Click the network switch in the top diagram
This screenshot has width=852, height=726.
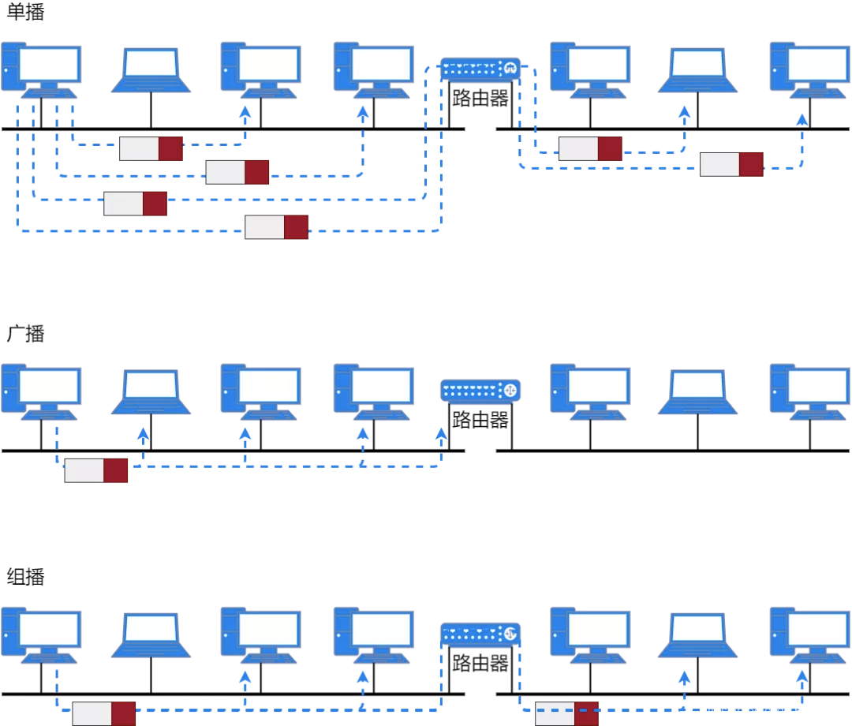coord(480,69)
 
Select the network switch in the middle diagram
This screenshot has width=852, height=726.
coord(480,391)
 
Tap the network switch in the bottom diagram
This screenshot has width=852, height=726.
coord(480,634)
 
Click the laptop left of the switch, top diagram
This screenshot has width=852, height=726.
coord(151,70)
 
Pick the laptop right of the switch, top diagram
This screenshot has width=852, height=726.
coord(697,70)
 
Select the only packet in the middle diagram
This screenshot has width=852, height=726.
coord(96,470)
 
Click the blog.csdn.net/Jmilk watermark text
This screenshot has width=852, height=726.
coord(772,712)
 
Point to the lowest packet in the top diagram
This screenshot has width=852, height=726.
coord(276,227)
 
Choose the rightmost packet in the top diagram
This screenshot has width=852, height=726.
coord(731,164)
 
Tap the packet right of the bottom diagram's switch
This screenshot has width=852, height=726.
coord(566,713)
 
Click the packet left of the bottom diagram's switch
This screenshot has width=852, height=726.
coord(104,713)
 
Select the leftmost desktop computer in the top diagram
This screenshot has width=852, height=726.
coord(41,69)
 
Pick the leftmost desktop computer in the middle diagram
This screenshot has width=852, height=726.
coord(41,391)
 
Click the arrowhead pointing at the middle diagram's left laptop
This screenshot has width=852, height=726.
coord(143,433)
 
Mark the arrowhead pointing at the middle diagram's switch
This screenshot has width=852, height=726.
coord(441,433)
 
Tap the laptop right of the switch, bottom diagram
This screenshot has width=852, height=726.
coord(697,634)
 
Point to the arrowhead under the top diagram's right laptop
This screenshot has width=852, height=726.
coord(685,113)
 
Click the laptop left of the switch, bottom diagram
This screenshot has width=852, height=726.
coord(151,634)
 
